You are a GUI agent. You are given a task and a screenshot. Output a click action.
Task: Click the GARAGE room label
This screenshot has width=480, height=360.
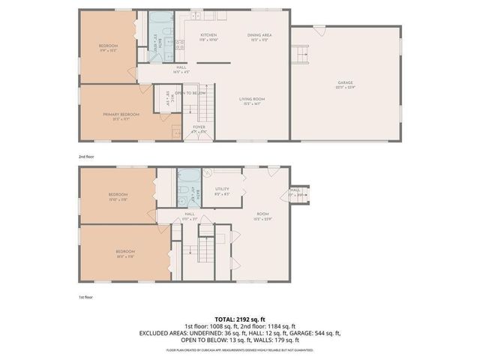coord(345,83)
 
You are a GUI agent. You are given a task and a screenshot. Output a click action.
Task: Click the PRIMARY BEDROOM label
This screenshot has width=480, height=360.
coord(121,114)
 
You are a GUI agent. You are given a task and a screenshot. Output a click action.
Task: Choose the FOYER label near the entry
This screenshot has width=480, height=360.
coord(199,127)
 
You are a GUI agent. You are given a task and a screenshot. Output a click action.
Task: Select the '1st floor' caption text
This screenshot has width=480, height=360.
coord(85,298)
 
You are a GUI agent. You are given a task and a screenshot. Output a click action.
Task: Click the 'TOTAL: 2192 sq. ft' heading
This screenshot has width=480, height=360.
coord(239,319)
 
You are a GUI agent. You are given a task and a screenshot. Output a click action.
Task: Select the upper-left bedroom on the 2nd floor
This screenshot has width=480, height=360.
coord(108,46)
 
